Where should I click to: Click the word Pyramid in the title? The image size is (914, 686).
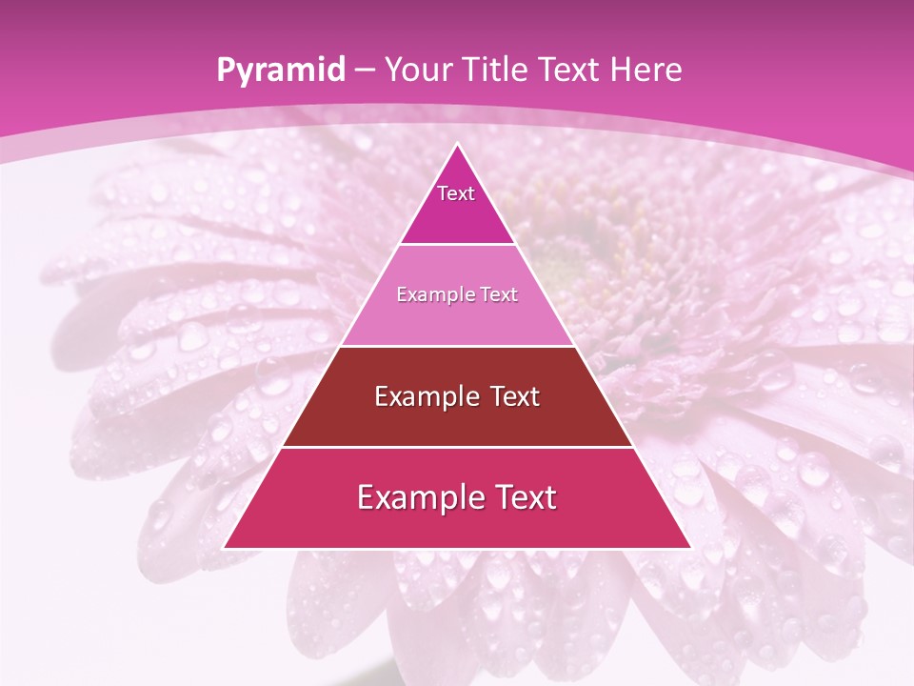(x=280, y=71)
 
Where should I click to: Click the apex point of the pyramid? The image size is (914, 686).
(x=457, y=145)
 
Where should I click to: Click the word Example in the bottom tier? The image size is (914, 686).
(x=415, y=498)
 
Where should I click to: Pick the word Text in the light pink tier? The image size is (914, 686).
(x=498, y=295)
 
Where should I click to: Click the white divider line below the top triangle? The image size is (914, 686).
(x=457, y=245)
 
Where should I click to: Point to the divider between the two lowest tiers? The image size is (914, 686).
(x=457, y=447)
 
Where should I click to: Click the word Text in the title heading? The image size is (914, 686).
(x=571, y=71)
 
